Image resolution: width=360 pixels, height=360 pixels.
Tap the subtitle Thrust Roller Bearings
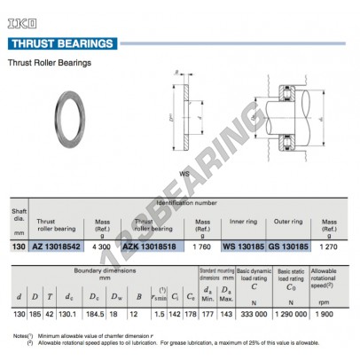50,62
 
